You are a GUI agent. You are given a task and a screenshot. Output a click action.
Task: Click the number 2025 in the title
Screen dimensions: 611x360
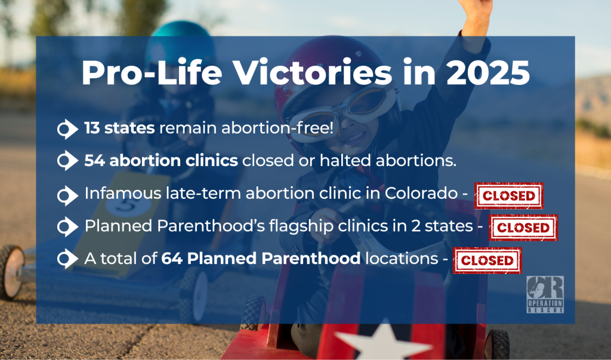[488, 73]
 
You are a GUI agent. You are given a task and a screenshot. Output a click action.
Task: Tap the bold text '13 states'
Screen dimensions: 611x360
[119, 128]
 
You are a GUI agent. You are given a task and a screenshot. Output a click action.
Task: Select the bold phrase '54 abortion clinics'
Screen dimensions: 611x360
[161, 161]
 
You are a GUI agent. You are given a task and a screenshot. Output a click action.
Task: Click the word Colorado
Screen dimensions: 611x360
[421, 193]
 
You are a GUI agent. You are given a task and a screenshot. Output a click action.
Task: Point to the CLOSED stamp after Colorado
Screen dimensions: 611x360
[509, 195]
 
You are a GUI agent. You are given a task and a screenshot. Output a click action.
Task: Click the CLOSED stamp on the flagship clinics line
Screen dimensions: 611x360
[523, 227]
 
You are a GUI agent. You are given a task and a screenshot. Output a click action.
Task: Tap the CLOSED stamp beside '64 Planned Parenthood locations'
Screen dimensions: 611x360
[487, 260]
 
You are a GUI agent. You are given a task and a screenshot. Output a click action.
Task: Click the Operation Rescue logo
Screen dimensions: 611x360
[545, 294]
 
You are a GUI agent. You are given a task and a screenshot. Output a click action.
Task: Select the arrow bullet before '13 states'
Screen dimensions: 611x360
[67, 129]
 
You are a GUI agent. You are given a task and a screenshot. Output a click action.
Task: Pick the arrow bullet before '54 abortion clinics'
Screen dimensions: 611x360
[67, 161]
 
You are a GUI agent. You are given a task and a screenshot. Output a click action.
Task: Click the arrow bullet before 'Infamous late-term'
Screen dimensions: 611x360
[67, 195]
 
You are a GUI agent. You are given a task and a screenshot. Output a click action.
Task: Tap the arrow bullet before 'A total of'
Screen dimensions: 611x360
[67, 259]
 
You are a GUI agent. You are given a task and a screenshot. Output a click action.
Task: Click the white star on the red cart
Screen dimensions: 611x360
[384, 340]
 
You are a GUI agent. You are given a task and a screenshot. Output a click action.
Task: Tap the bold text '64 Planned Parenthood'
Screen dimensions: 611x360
[261, 258]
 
